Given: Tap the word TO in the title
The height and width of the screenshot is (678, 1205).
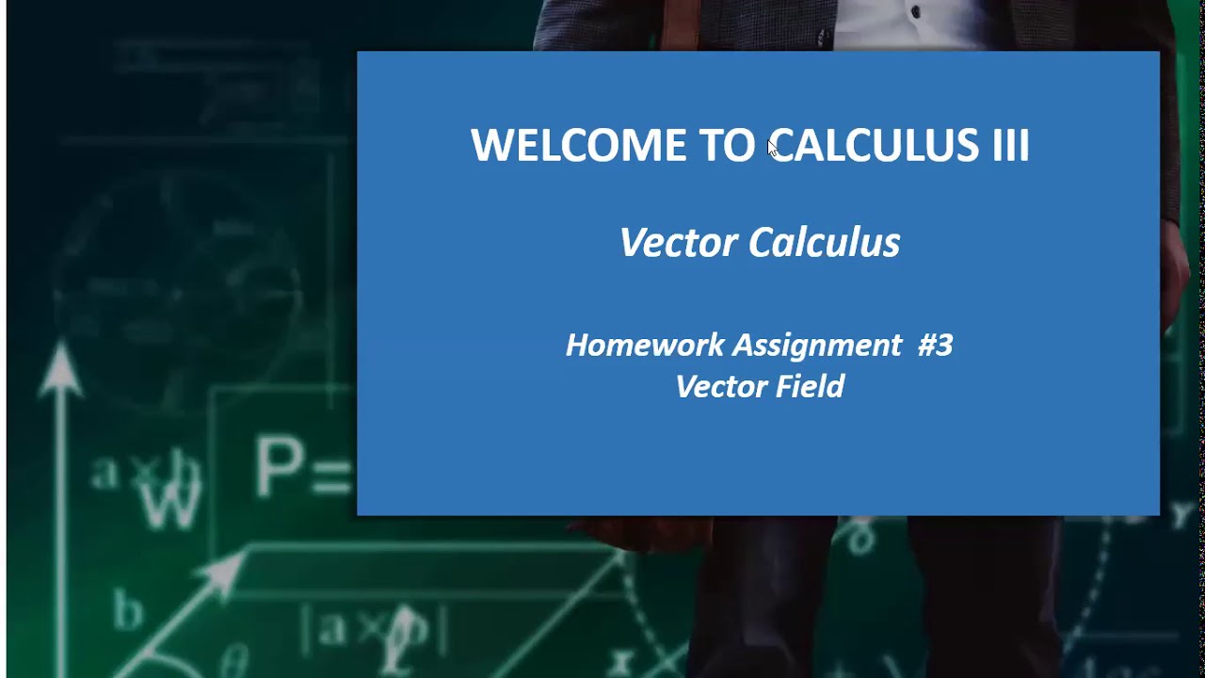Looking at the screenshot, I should pyautogui.click(x=726, y=146).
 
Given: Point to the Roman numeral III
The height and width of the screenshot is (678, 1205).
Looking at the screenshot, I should pyautogui.click(x=1010, y=146).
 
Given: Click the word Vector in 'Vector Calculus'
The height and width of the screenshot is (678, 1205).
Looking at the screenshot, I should pyautogui.click(x=679, y=243).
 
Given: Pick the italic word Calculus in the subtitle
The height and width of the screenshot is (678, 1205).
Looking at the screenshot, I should pyautogui.click(x=825, y=243).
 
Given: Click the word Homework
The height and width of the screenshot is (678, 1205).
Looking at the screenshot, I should pyautogui.click(x=645, y=346).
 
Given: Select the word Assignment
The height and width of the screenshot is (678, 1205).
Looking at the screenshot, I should pyautogui.click(x=817, y=346).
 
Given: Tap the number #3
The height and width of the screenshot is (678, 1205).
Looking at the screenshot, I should pyautogui.click(x=935, y=346).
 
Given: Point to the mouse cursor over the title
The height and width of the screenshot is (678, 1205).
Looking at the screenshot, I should pyautogui.click(x=772, y=148).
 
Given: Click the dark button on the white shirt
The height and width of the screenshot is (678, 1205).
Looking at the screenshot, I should pyautogui.click(x=915, y=13).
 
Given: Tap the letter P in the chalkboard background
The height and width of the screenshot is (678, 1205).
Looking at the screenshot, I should pyautogui.click(x=280, y=467).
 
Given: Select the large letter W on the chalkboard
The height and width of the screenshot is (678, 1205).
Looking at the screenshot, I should pyautogui.click(x=172, y=502).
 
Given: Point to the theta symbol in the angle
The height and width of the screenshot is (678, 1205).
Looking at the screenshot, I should pyautogui.click(x=236, y=656).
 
